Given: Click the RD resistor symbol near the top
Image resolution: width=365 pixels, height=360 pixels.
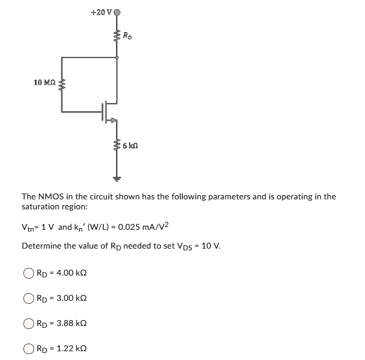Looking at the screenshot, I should pos(117,36).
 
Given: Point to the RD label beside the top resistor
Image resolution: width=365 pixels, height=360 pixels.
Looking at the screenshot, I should pos(127,36).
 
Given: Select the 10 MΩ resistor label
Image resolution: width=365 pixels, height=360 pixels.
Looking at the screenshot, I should pos(45,82).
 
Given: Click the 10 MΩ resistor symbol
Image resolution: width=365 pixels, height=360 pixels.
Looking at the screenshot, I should pos(62,86).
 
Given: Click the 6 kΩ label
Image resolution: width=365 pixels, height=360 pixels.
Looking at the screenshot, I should pos(130,144).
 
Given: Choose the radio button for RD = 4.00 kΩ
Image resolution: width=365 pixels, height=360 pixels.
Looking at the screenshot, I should pos(28,273).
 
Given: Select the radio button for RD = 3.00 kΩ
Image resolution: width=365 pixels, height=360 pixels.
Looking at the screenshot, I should pos(28,298).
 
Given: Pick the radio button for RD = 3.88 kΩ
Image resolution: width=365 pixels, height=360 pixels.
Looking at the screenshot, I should pos(28,323).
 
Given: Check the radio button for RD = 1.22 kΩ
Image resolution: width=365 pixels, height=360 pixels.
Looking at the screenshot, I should pos(28,348).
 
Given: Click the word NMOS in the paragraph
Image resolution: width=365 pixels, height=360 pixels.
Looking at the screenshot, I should pos(53,196).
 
